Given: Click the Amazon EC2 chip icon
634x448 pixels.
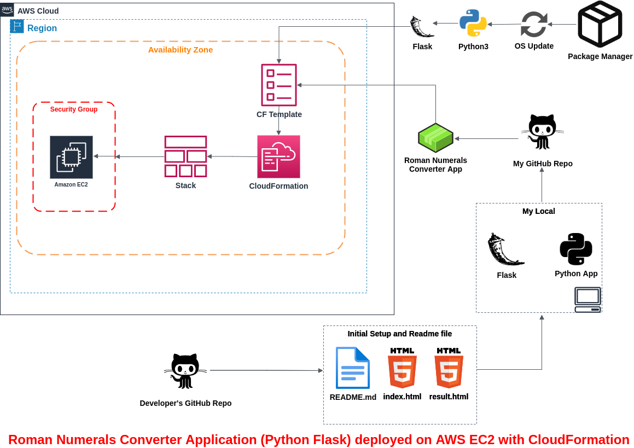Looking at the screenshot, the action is (x=71, y=157).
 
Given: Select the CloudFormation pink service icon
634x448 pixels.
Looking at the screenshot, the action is (x=278, y=156).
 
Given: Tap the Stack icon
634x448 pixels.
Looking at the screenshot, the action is (x=185, y=156).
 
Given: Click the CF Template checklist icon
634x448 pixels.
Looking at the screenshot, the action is (x=279, y=85).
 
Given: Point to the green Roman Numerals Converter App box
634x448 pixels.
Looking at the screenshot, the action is (x=435, y=138).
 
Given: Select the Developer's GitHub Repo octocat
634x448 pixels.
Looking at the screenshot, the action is (x=185, y=371).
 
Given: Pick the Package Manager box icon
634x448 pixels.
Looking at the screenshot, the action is (x=600, y=25).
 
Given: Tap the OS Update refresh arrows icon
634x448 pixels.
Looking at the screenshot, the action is (x=534, y=24).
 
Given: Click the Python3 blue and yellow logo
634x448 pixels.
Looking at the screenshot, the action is (x=473, y=23).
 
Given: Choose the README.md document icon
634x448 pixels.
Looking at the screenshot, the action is (x=353, y=368).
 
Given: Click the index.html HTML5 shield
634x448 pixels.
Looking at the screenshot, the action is (x=402, y=368).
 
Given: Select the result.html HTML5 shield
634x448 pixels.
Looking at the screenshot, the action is (x=449, y=368).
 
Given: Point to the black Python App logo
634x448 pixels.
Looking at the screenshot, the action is (x=576, y=249).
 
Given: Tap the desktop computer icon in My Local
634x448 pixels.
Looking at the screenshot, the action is (x=588, y=300).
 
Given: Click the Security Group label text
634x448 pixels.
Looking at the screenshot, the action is (x=74, y=109).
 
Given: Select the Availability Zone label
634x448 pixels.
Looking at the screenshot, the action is (x=181, y=50).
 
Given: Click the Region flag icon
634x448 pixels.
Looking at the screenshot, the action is (x=16, y=26).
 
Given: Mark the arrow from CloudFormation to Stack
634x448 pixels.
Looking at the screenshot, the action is (x=232, y=156).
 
